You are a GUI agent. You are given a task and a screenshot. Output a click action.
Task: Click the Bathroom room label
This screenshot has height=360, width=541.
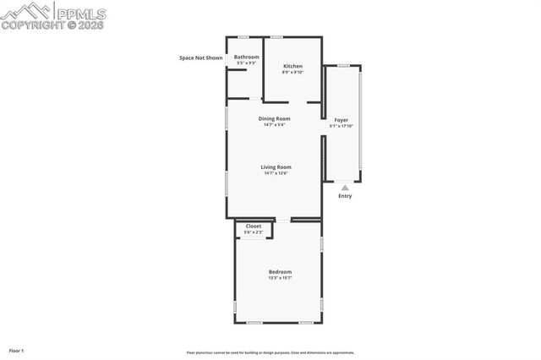pyautogui.click(x=247, y=57)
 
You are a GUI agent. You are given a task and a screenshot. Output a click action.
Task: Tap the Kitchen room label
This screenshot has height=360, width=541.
pyautogui.click(x=292, y=66)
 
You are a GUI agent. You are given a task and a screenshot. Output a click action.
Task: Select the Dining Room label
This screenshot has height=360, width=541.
pyautogui.click(x=274, y=118)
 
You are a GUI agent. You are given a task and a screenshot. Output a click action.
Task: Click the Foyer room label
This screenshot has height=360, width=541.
pyautogui.click(x=341, y=120)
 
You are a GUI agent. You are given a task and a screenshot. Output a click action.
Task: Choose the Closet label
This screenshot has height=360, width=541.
pyautogui.click(x=254, y=226)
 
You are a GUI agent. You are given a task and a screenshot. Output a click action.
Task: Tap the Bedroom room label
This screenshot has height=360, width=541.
pyautogui.click(x=280, y=271)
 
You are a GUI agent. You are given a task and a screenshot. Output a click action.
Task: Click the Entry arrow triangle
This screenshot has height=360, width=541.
pyautogui.click(x=345, y=188)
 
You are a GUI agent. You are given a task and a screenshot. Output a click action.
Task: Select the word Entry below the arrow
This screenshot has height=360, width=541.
pyautogui.click(x=345, y=196)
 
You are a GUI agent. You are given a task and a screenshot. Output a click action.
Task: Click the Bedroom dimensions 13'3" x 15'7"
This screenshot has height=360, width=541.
pyautogui.click(x=280, y=277)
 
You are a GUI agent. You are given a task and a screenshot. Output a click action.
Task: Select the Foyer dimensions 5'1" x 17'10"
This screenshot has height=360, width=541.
pyautogui.click(x=341, y=126)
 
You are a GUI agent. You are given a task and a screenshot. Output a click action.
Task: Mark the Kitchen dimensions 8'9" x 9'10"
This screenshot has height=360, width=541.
pyautogui.click(x=292, y=72)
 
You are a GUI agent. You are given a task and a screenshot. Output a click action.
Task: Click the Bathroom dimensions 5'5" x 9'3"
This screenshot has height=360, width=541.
pyautogui.click(x=247, y=63)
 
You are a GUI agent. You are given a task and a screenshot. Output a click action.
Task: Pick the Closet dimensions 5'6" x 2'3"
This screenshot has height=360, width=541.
pyautogui.click(x=254, y=232)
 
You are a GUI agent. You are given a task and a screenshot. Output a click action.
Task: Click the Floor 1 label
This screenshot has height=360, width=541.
pyautogui.click(x=17, y=350)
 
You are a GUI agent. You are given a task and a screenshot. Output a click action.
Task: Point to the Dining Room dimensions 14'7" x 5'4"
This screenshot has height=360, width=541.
pyautogui.click(x=274, y=125)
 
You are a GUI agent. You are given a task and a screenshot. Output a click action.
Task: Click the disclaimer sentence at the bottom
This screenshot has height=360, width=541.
pyautogui.click(x=270, y=352)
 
